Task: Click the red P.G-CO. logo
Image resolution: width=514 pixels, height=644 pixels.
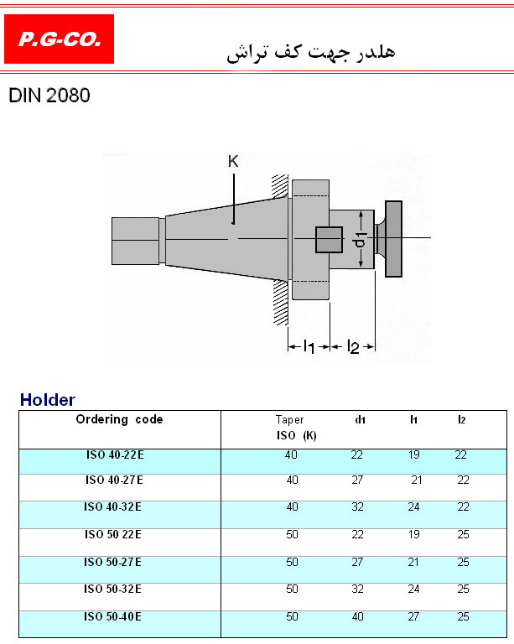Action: tap(60, 39)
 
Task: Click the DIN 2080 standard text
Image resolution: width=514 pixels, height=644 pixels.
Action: tap(49, 96)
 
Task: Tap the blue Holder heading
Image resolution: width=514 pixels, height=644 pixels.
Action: tap(48, 400)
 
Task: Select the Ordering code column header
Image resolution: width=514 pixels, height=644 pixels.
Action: tap(119, 419)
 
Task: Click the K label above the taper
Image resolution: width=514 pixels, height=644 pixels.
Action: tap(233, 161)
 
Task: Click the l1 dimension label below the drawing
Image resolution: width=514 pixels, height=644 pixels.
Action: tap(309, 347)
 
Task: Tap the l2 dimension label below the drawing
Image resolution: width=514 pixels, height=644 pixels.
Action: tap(353, 347)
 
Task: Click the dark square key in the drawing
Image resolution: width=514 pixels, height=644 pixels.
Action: tap(329, 240)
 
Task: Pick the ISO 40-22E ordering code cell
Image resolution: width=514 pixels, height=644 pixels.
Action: tap(115, 455)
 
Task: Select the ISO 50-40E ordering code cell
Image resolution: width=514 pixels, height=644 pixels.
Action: tap(112, 616)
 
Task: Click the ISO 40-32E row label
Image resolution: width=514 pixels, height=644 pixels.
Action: tap(112, 506)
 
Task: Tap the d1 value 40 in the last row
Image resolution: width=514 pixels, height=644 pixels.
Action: tap(357, 616)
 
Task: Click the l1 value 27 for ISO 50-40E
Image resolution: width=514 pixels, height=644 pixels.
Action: tap(413, 616)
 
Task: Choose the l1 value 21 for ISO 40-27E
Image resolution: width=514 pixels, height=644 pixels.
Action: tap(417, 480)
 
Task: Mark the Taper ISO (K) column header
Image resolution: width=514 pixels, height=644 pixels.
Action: tap(296, 428)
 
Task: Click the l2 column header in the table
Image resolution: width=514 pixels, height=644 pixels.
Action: tap(462, 420)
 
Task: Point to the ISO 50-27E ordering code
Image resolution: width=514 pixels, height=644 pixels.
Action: tap(112, 562)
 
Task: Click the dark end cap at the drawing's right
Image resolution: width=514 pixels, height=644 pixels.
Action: tap(393, 239)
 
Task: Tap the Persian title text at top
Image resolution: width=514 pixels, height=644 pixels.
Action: tap(311, 52)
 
